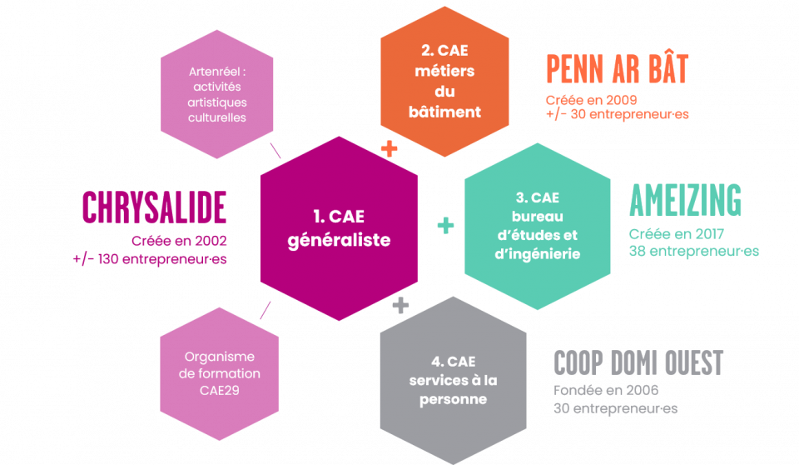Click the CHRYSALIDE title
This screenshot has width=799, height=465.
tap(154, 207)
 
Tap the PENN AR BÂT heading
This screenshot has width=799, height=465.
tap(617, 70)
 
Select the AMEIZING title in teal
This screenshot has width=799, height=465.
tap(685, 201)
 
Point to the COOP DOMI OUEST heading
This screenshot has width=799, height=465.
tap(638, 363)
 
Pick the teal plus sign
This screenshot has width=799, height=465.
tap(446, 225)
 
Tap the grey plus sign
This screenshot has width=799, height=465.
tap(400, 306)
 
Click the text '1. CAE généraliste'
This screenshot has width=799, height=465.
tap(340, 227)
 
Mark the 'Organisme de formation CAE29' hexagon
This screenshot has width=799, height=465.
tap(217, 373)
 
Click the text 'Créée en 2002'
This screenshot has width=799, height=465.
tap(179, 241)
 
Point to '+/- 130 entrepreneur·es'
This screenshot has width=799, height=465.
tap(150, 259)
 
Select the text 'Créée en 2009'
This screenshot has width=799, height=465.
tap(585, 99)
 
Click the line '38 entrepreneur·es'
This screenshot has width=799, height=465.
tap(694, 251)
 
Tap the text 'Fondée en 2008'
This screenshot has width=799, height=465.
tap(605, 391)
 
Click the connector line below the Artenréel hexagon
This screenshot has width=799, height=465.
tap(275, 151)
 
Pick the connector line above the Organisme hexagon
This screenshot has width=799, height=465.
tap(266, 310)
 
